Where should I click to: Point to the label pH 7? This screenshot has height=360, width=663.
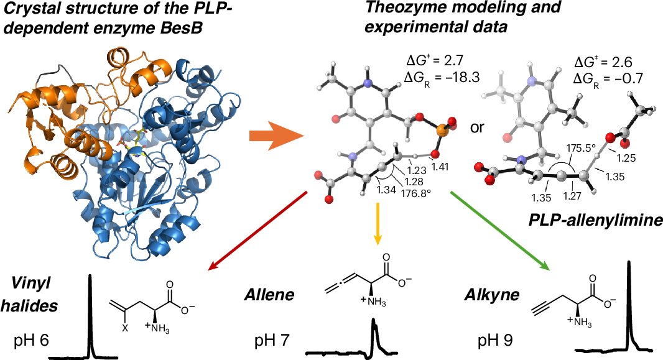(x=274, y=340)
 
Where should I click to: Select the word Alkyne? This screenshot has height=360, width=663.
(x=491, y=296)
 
